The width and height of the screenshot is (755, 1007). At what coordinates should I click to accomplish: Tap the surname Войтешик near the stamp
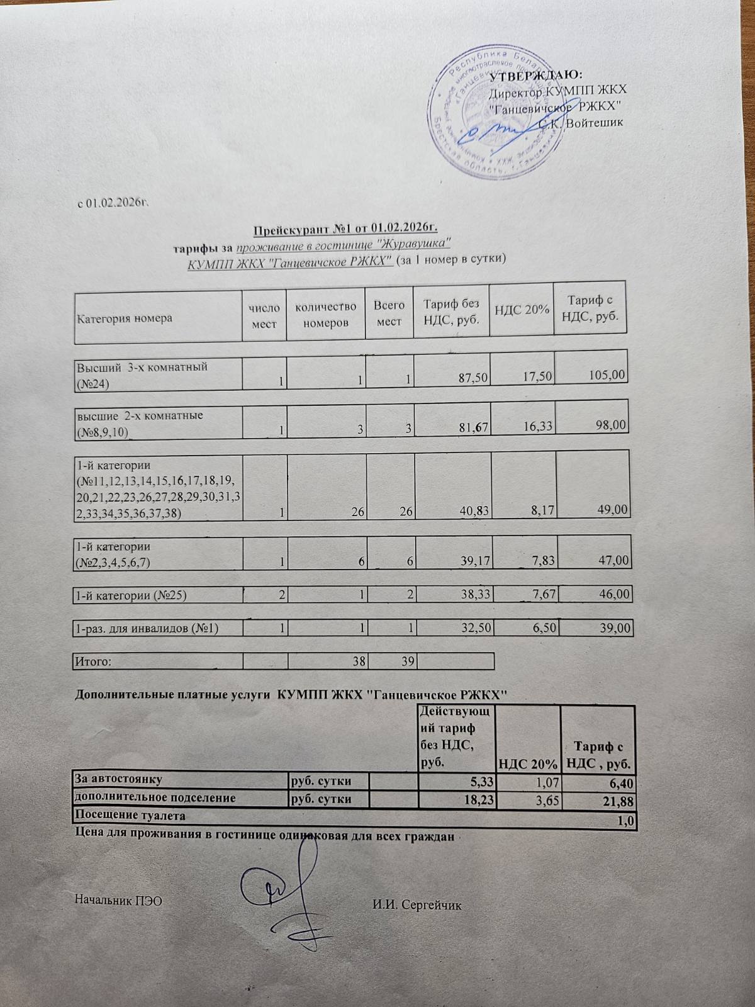(594, 122)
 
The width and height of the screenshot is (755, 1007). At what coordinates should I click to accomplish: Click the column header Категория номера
(125, 318)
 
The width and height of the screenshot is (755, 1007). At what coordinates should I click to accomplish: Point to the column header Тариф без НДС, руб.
(451, 312)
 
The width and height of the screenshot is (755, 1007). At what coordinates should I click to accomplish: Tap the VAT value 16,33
(538, 427)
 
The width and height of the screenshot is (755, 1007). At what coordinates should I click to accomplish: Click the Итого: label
(94, 661)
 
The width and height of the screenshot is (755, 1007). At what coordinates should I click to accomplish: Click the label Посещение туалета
(130, 816)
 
